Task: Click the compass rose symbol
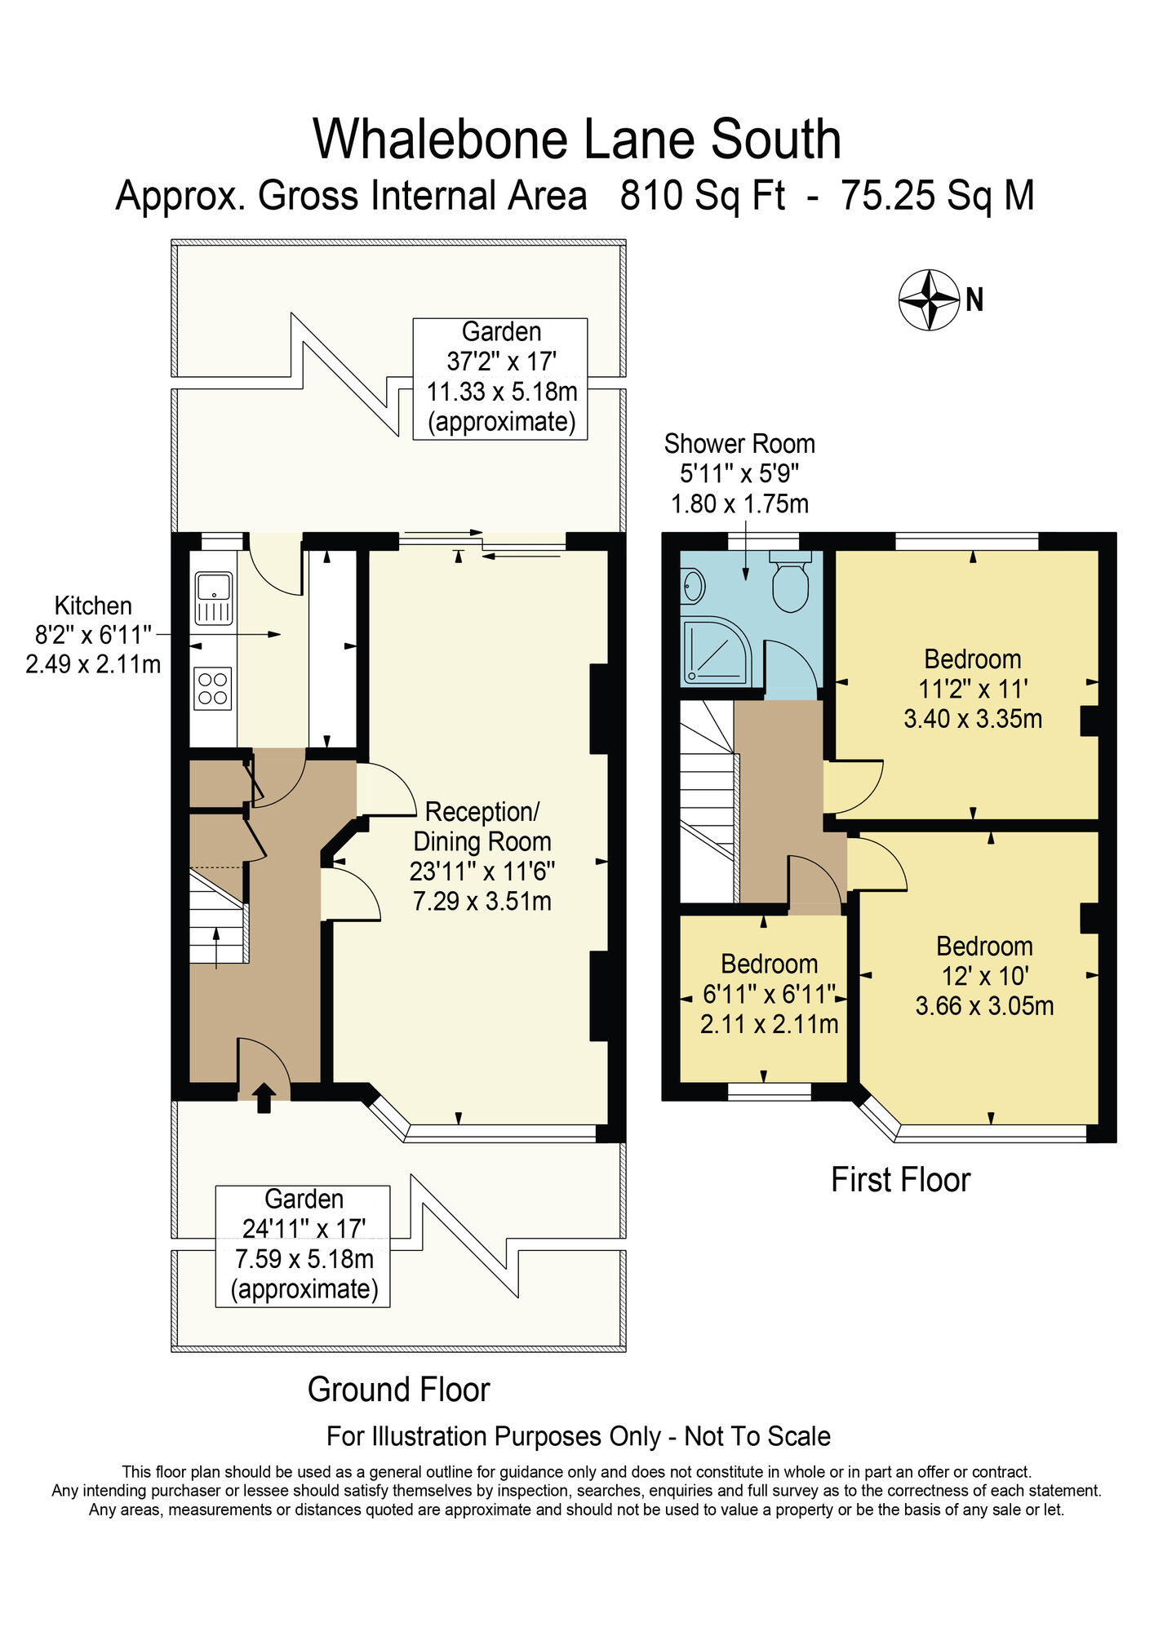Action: [x=929, y=299]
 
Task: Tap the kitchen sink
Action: [x=214, y=597]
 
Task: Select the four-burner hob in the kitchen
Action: [x=213, y=688]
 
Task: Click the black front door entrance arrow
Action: [x=263, y=1098]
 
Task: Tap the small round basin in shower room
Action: [x=695, y=584]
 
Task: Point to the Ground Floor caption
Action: [x=398, y=1390]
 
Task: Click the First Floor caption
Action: [x=900, y=1180]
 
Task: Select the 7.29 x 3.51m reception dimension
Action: [x=482, y=902]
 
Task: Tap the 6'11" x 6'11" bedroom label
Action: [x=769, y=994]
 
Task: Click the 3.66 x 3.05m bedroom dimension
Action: [x=983, y=1005]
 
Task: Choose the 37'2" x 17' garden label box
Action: [x=500, y=379]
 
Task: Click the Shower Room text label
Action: [x=739, y=444]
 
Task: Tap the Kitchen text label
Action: [x=93, y=605]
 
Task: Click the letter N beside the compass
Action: [x=974, y=300]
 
